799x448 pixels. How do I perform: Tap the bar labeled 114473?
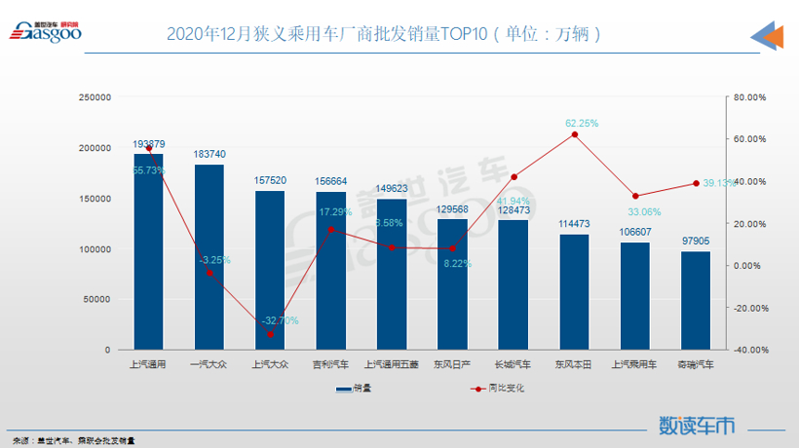[x=574, y=291]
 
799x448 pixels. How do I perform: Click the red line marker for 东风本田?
[x=574, y=134]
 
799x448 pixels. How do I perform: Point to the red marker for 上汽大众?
[x=270, y=334]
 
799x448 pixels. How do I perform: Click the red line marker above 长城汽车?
[x=514, y=177]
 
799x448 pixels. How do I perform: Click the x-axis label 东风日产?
[x=452, y=365]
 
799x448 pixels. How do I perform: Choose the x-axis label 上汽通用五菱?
[x=392, y=365]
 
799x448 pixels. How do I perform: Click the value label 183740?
[x=209, y=155]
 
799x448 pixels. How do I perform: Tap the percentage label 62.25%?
[x=582, y=124]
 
